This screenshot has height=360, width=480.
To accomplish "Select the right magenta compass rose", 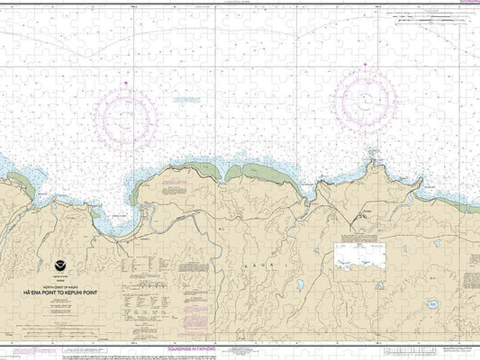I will point(365,97).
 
